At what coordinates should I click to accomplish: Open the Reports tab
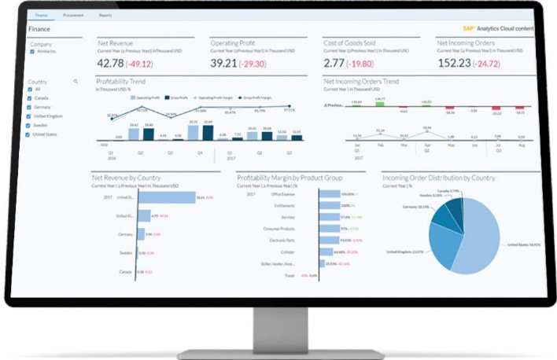[105, 15]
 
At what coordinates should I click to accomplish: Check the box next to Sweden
[31, 124]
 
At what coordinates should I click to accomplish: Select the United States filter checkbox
[31, 134]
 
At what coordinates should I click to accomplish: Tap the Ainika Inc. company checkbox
[32, 51]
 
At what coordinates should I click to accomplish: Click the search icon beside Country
[76, 81]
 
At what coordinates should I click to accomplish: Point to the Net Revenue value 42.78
[109, 63]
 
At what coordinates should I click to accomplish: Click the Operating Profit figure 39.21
[223, 63]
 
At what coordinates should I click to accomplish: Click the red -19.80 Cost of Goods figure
[363, 63]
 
